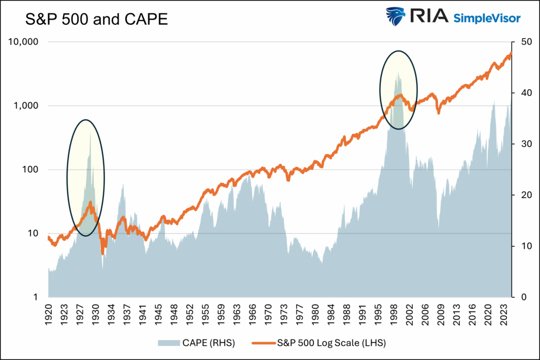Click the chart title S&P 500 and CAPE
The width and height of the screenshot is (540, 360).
tap(97, 21)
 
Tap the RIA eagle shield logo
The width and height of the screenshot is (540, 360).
tap(396, 17)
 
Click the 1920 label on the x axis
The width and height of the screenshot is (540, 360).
tap(49, 312)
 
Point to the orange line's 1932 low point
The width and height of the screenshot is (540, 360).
tap(103, 254)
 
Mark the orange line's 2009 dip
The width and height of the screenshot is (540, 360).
tap(439, 112)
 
